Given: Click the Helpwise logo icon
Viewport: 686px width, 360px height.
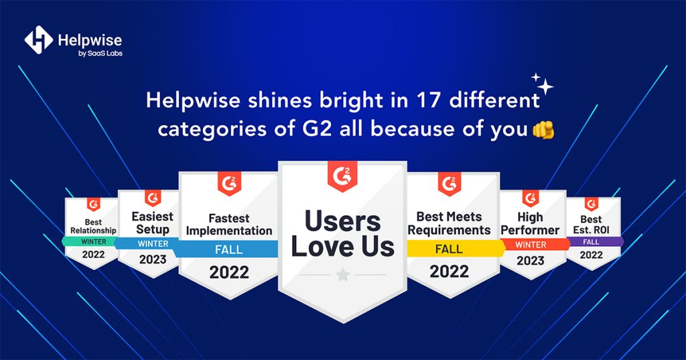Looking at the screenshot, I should [x=38, y=40].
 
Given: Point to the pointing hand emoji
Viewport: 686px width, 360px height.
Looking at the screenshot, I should [x=543, y=129].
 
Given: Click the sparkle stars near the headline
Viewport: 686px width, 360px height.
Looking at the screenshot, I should [x=543, y=84].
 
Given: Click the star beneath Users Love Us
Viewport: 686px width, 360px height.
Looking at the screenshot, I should [x=343, y=275].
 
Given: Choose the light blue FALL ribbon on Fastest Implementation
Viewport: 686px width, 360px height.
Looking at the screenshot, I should [x=228, y=249].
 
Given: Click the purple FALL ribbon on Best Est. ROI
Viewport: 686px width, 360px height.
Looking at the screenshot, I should [x=591, y=241].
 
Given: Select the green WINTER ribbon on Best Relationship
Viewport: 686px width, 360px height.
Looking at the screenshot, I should [x=93, y=241].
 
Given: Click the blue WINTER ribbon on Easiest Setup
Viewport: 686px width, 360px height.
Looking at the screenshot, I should [x=153, y=243].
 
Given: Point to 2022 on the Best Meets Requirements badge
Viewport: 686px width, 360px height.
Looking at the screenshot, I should [x=449, y=272].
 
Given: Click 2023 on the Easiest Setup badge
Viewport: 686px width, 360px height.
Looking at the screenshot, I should [x=153, y=260].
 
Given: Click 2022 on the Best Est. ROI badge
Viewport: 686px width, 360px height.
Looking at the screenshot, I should [x=591, y=255].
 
